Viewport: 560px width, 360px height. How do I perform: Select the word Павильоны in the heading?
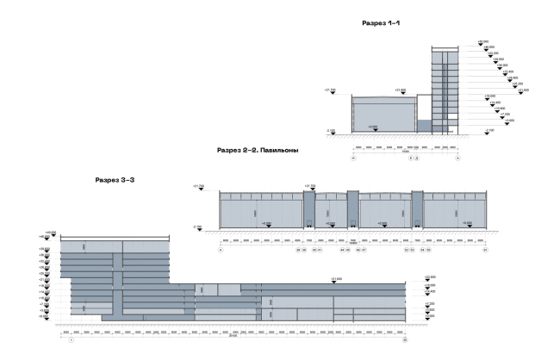click(284, 150)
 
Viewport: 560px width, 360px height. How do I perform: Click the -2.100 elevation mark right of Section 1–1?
click(489, 131)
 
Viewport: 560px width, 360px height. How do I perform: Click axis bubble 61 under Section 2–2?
click(485, 250)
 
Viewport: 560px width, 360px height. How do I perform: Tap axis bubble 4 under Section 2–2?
click(221, 250)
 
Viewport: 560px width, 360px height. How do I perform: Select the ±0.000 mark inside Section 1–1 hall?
click(372, 128)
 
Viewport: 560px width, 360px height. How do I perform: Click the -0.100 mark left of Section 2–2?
click(199, 227)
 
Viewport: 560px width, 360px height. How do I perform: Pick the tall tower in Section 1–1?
click(444, 86)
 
